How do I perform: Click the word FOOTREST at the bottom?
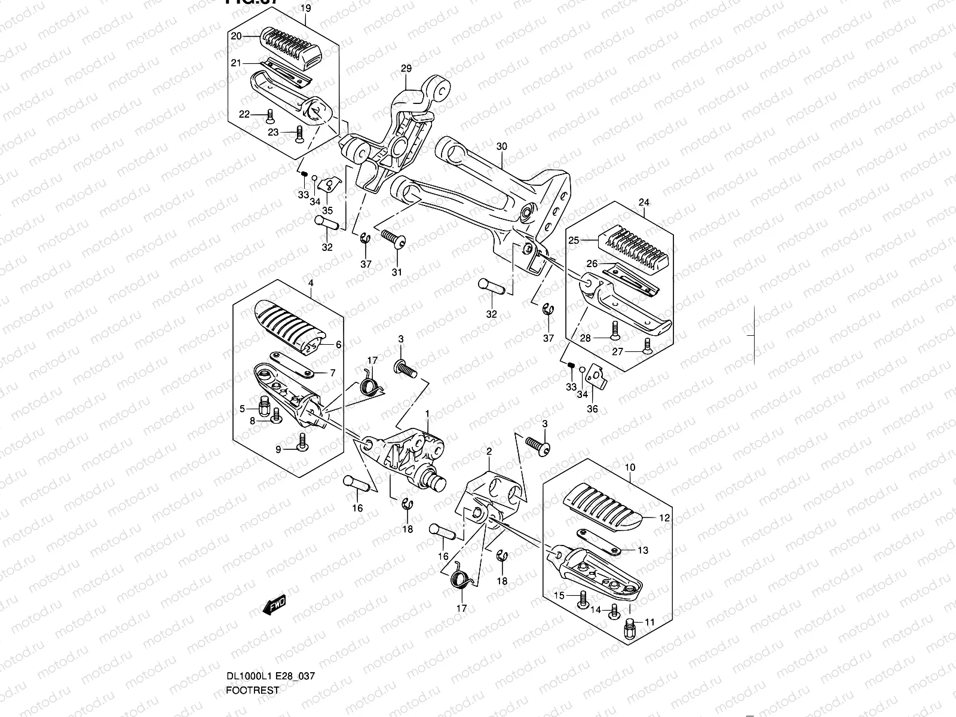253,690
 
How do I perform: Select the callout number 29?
406,69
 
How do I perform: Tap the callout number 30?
501,147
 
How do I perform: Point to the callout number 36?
592,409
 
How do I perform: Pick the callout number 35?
327,210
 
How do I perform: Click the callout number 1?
427,413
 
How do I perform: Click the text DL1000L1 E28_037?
271,676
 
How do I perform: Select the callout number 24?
644,203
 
